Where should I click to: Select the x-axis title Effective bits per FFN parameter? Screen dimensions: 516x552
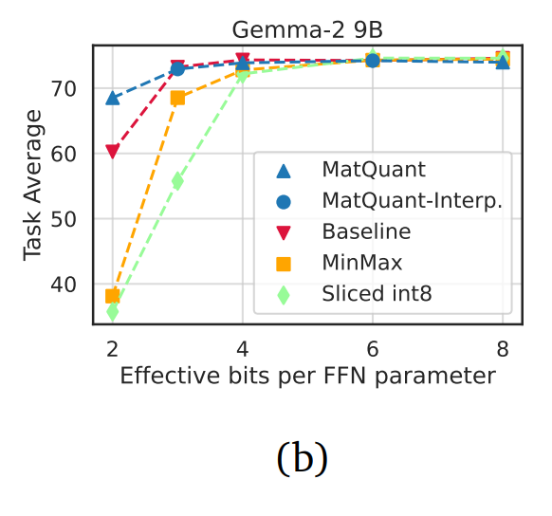point(307,377)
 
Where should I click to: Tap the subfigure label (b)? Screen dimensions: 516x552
point(302,458)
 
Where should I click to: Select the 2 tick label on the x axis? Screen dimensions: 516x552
point(112,348)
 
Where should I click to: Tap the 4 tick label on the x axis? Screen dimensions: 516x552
point(243,348)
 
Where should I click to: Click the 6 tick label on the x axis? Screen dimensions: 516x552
point(373,348)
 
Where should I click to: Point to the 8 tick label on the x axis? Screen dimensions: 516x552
point(503,348)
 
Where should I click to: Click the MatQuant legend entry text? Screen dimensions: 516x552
point(374,171)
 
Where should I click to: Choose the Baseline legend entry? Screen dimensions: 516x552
point(366,232)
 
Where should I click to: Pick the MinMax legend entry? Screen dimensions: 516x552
point(362,263)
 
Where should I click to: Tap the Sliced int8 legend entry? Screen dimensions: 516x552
point(377,294)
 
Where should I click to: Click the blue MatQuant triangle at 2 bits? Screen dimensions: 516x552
point(113,98)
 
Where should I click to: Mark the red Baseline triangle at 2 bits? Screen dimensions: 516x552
point(113,152)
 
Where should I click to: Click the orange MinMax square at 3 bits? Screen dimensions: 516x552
point(177,98)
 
